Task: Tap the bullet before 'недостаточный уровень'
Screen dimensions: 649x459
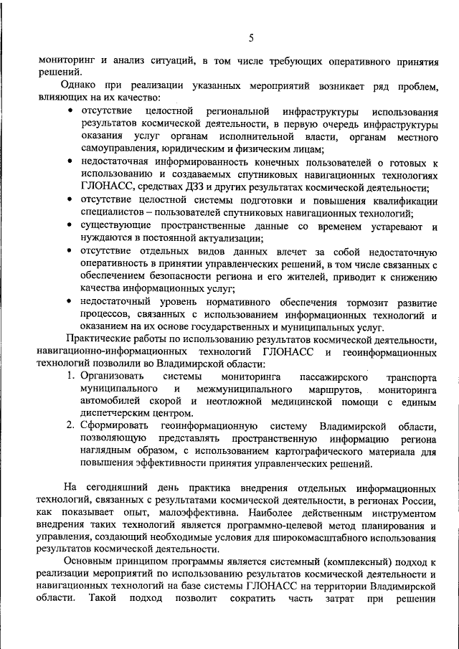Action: click(x=68, y=302)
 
